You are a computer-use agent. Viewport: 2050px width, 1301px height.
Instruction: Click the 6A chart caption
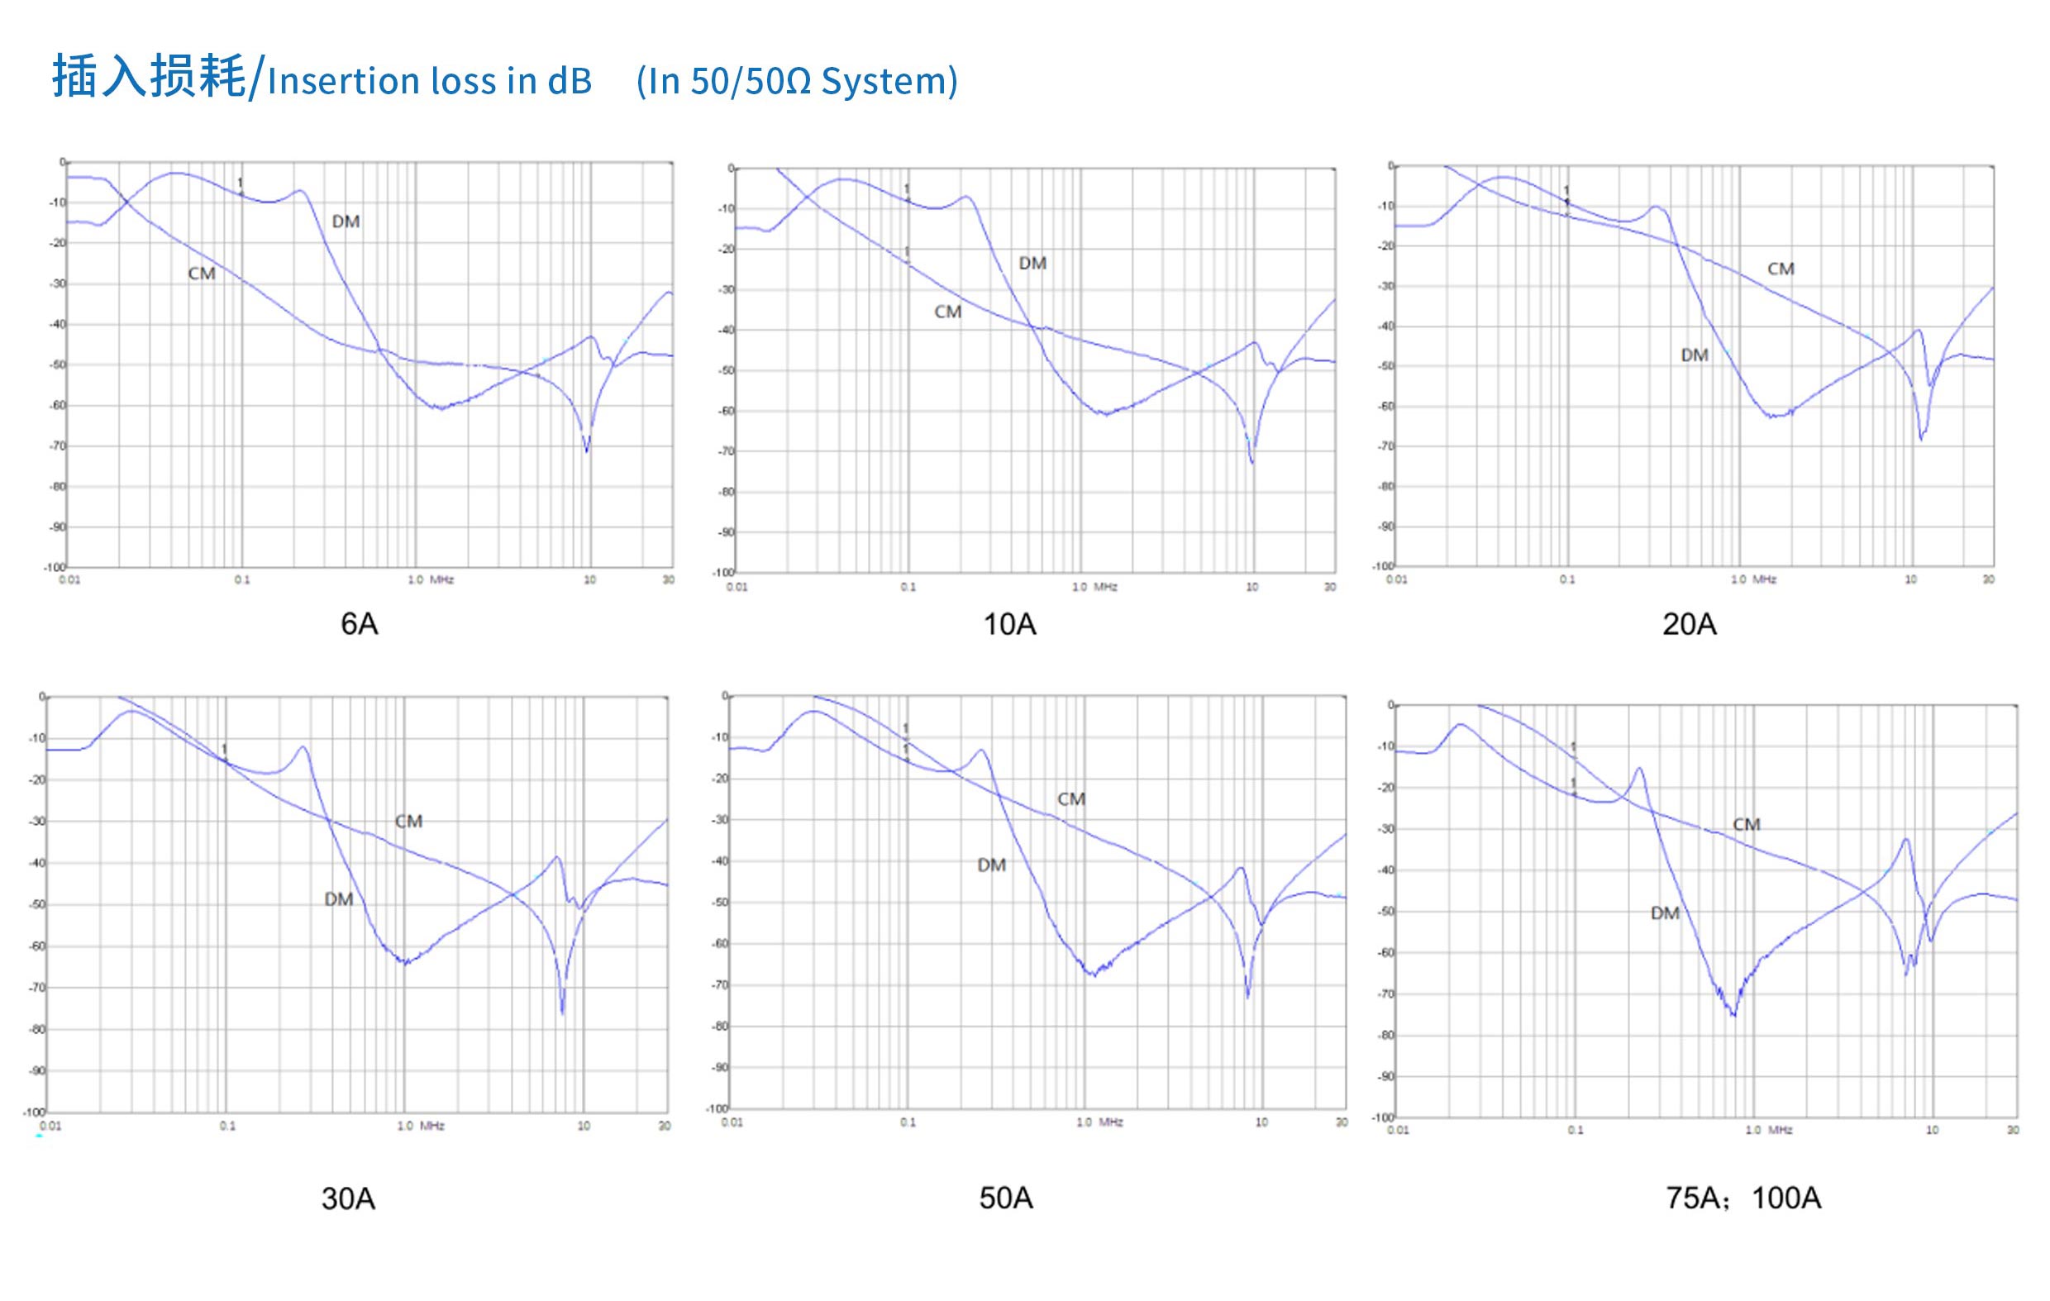coord(360,624)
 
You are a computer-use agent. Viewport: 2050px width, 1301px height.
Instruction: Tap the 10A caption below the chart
coord(1009,625)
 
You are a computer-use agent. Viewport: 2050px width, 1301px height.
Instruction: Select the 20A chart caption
coord(1689,625)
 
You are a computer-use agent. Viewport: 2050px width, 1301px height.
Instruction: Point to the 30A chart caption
coord(348,1199)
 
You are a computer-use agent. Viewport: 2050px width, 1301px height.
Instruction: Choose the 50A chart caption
coord(1005,1198)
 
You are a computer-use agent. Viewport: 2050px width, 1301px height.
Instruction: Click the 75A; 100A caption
coord(1742,1198)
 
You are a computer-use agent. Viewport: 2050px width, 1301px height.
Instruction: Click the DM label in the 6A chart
coord(346,222)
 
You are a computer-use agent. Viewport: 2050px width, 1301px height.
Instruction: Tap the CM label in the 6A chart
coord(202,274)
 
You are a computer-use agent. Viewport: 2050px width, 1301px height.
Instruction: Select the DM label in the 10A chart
coord(1032,264)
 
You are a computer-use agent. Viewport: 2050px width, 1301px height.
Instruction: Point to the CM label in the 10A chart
coord(947,312)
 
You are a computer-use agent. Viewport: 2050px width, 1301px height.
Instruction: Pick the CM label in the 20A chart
coord(1781,269)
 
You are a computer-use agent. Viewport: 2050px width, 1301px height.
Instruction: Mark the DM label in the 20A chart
coord(1695,355)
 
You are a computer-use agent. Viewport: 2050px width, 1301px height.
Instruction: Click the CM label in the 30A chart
coord(408,822)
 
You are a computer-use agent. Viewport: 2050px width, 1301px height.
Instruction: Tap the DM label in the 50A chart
coord(992,865)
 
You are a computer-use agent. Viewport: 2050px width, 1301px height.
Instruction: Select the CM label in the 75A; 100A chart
coord(1746,824)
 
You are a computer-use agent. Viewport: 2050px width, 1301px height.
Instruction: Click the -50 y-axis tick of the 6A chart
coord(57,365)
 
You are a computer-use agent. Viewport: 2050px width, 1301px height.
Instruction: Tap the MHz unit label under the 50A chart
coord(1110,1122)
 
